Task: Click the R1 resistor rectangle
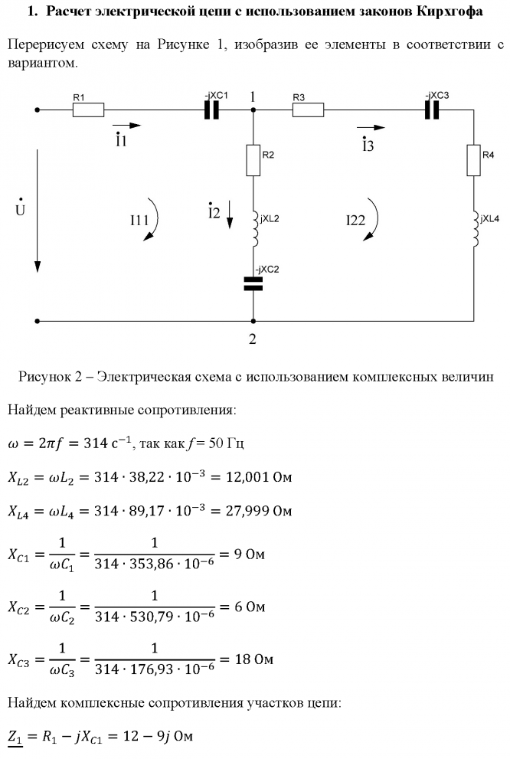(89, 110)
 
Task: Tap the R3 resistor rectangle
(309, 110)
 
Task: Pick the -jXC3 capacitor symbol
(432, 110)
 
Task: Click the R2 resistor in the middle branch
(253, 160)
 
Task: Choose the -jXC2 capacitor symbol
(253, 284)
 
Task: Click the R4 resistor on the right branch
(474, 160)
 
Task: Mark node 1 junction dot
(253, 110)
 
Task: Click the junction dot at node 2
(253, 321)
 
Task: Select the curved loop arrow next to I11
(155, 219)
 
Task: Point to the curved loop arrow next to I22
(374, 219)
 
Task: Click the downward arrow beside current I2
(230, 215)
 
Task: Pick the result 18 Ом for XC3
(254, 659)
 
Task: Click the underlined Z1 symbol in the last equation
(15, 738)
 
